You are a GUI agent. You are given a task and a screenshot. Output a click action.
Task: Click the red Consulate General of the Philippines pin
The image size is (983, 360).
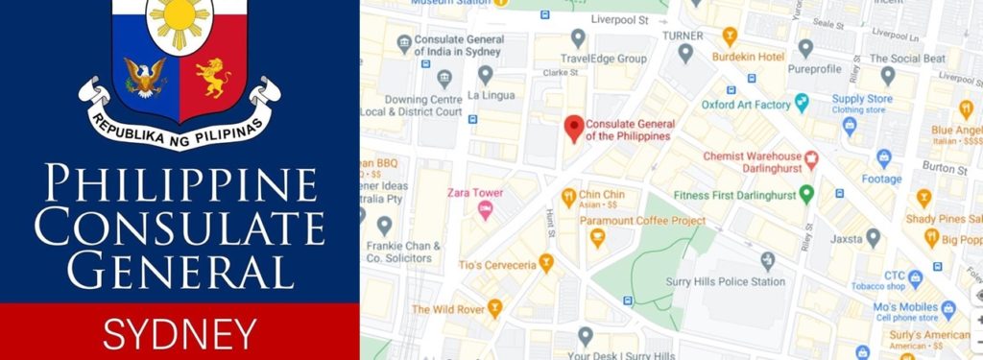point(574,128)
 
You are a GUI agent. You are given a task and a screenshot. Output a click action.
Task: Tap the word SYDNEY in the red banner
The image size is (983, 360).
point(180,333)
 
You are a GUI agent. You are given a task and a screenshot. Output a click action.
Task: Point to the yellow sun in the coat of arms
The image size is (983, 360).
point(180,22)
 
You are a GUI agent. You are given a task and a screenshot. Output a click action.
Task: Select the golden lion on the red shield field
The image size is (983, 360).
point(213,77)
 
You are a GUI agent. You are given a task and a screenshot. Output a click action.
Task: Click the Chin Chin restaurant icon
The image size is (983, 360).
point(569,197)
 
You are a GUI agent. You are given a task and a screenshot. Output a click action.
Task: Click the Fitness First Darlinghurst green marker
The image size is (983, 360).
point(807,193)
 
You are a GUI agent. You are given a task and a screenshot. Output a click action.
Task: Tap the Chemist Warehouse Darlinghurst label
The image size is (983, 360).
point(752,161)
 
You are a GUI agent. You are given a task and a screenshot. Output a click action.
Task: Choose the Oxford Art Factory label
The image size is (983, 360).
point(745,104)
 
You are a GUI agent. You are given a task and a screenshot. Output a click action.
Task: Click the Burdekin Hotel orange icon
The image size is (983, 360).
point(730,37)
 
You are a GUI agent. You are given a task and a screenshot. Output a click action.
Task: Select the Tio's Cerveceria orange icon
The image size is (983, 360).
point(546,261)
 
